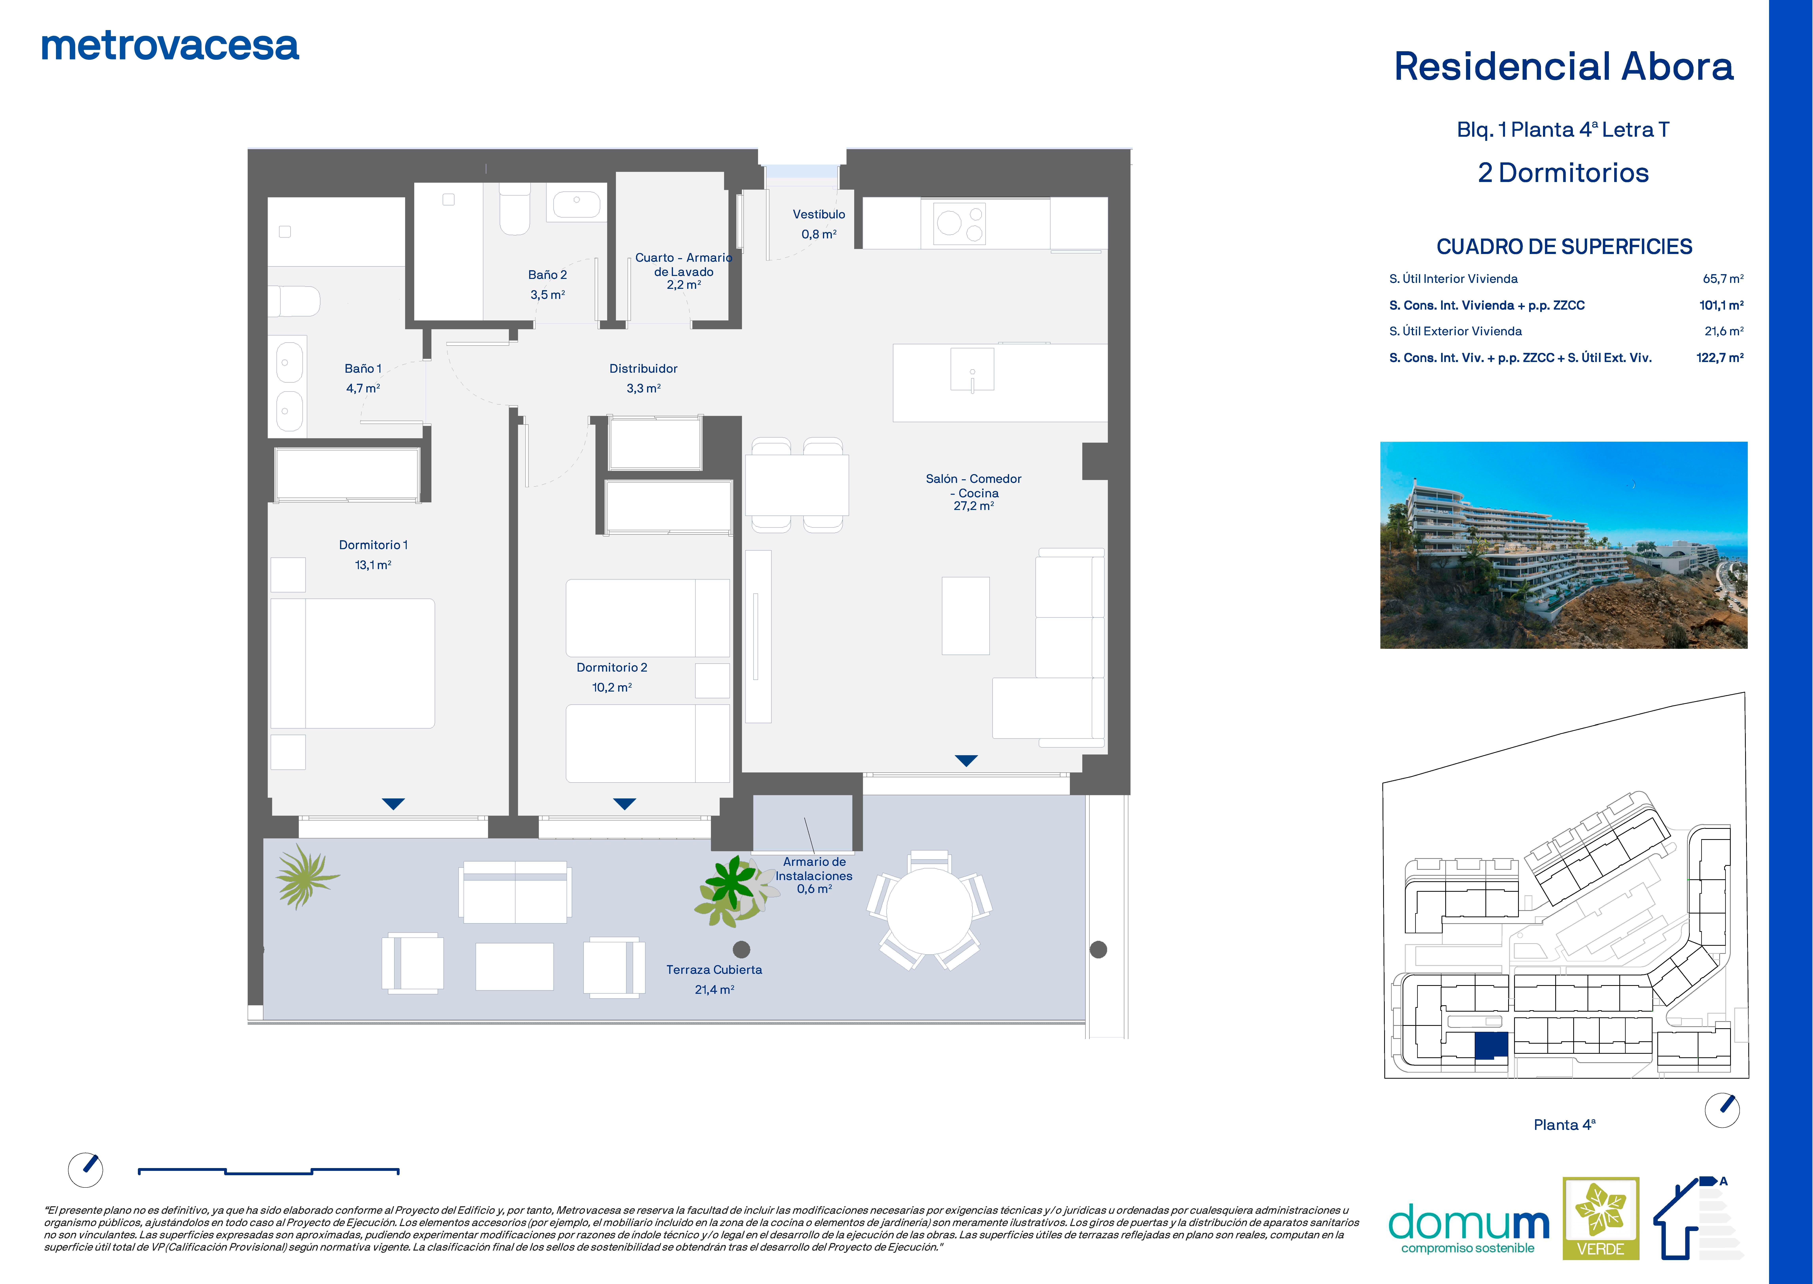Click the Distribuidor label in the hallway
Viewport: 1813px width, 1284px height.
[x=643, y=369]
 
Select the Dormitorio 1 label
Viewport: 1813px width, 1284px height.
[x=373, y=545]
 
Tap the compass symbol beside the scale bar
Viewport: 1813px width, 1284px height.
[x=85, y=1169]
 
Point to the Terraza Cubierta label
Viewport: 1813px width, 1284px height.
[x=714, y=969]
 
